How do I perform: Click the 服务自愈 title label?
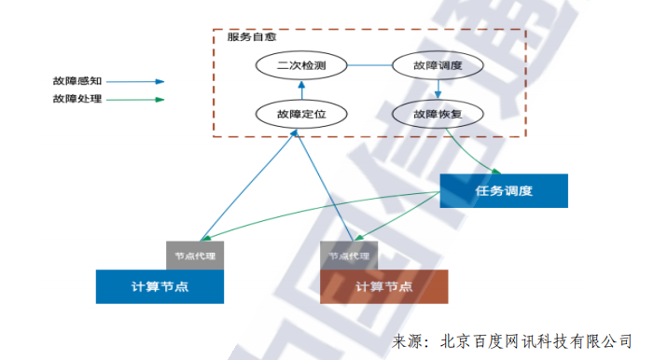point(251,37)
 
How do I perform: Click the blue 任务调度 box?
point(503,191)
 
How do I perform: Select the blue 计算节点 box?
point(160,286)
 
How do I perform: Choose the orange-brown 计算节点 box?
point(383,286)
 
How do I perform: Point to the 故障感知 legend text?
point(77,81)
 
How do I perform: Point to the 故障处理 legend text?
point(77,99)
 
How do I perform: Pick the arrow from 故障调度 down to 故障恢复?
point(438,90)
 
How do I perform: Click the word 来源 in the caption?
point(408,341)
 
